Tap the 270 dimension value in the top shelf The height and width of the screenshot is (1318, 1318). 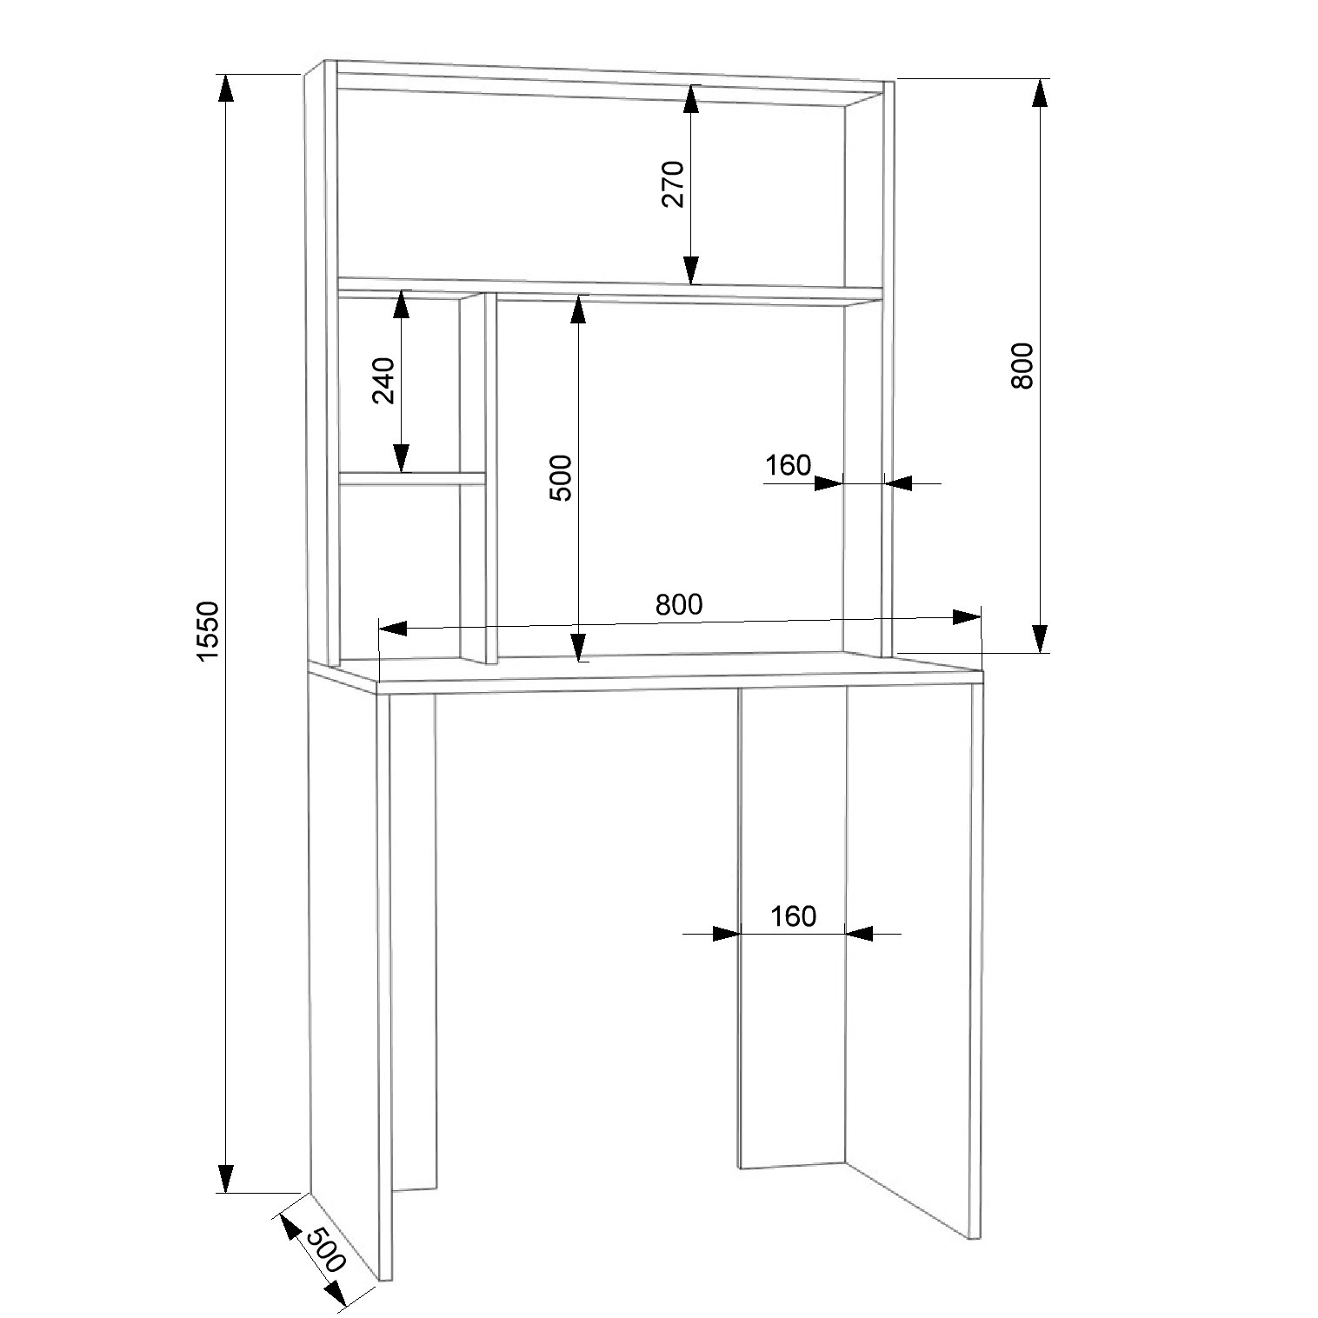675,184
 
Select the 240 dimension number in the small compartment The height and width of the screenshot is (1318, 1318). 383,381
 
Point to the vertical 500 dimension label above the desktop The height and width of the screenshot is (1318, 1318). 561,477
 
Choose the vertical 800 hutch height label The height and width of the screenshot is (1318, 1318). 1022,366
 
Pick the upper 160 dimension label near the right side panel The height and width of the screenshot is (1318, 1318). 788,466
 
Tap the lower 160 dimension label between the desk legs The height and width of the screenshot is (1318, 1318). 793,915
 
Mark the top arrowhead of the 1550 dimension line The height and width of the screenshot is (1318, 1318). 225,89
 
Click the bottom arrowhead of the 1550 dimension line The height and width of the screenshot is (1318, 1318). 225,1178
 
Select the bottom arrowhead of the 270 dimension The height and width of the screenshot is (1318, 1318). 691,270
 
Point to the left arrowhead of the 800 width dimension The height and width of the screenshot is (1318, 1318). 394,628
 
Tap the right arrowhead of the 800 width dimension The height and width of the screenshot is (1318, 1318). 967,616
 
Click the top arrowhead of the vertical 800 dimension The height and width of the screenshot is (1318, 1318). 1039,93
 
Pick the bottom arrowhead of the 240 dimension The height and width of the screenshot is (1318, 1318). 401,458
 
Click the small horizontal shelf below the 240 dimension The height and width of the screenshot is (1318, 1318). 412,478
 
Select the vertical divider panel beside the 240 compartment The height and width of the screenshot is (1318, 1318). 478,478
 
